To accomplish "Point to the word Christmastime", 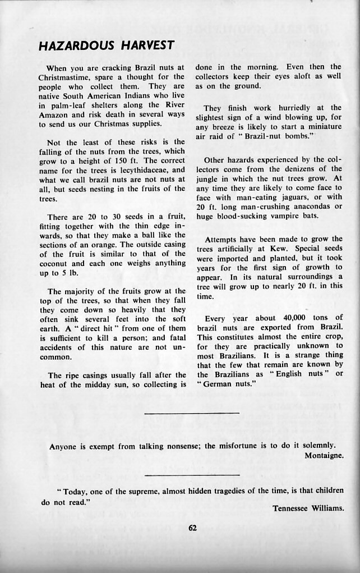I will (x=66, y=77).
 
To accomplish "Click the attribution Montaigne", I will (x=324, y=456).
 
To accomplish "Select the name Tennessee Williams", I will (x=308, y=509).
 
